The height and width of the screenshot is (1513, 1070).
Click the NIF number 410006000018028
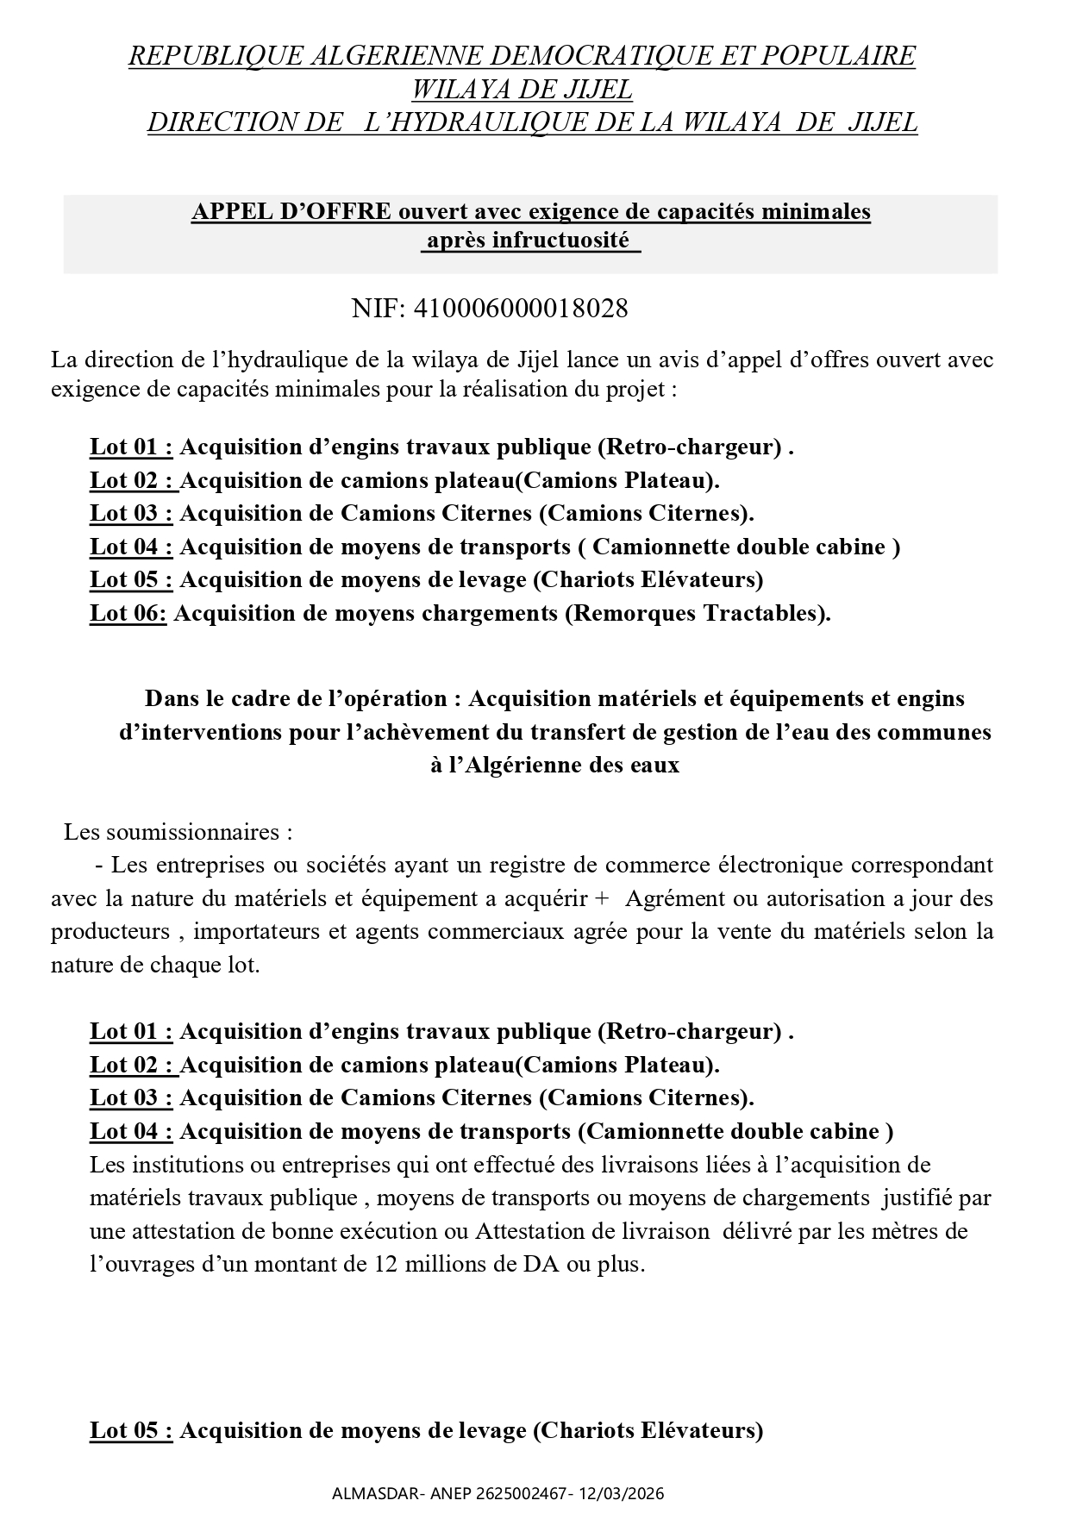pyautogui.click(x=521, y=309)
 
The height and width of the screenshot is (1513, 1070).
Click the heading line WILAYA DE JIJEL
pyautogui.click(x=522, y=89)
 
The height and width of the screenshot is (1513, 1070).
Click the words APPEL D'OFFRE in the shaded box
pyautogui.click(x=291, y=211)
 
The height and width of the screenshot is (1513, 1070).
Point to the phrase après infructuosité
pyautogui.click(x=530, y=241)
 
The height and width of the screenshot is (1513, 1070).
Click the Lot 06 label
pyautogui.click(x=128, y=614)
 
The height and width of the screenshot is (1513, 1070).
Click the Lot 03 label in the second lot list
pyautogui.click(x=131, y=1098)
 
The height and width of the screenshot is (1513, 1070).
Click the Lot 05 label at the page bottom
pyautogui.click(x=131, y=1431)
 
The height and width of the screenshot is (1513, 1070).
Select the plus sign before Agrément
pyautogui.click(x=602, y=899)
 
